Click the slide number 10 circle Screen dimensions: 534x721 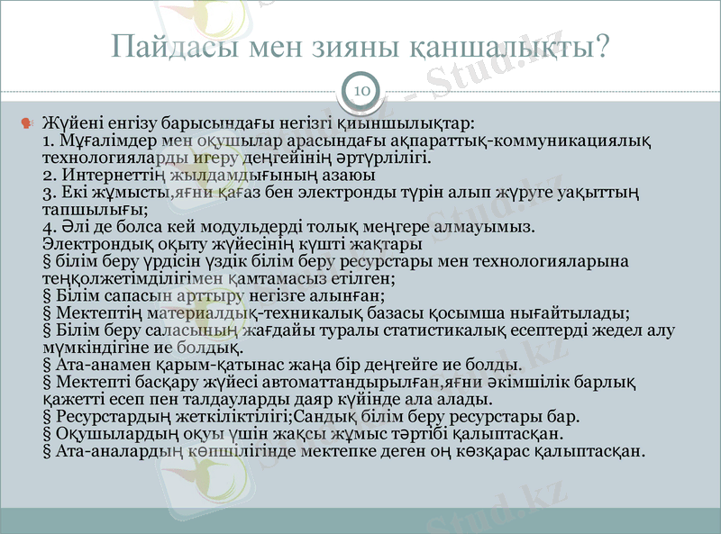pyautogui.click(x=360, y=91)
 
